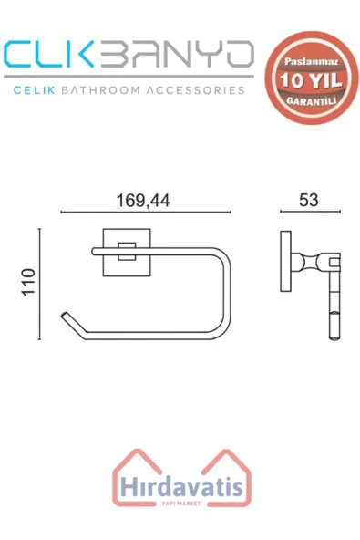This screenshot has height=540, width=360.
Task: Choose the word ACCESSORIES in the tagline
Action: [195, 91]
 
